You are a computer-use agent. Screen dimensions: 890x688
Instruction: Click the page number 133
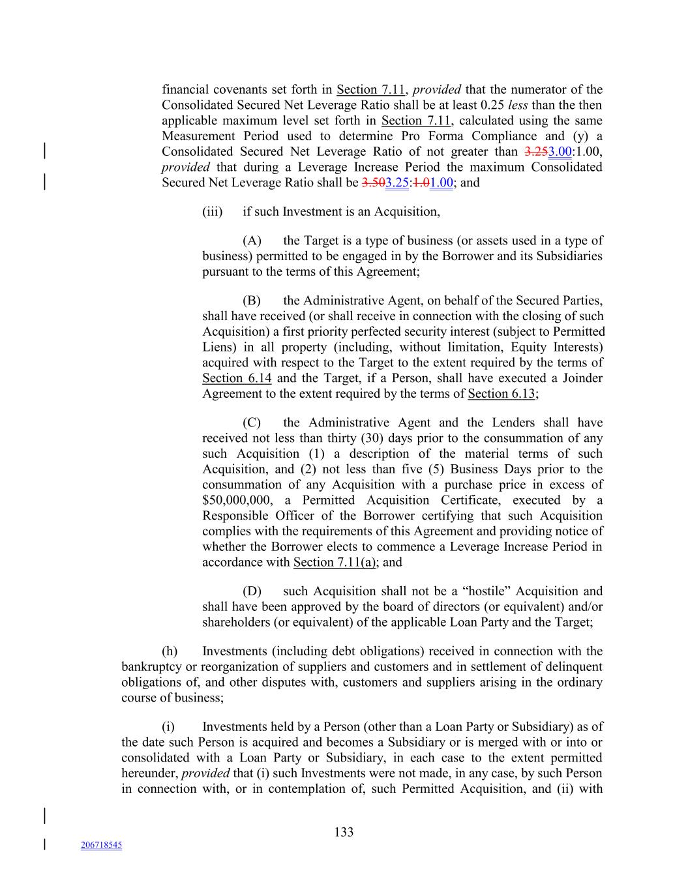pyautogui.click(x=344, y=832)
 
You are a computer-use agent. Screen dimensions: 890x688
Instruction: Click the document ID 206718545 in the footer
pyautogui.click(x=101, y=845)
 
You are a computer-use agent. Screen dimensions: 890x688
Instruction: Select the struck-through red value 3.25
pyautogui.click(x=536, y=152)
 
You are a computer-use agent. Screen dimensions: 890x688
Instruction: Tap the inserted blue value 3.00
pyautogui.click(x=560, y=152)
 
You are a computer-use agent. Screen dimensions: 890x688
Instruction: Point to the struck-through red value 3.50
pyautogui.click(x=373, y=183)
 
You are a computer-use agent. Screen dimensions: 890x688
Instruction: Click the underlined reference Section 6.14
pyautogui.click(x=237, y=378)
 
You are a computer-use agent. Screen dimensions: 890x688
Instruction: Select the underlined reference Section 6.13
pyautogui.click(x=501, y=394)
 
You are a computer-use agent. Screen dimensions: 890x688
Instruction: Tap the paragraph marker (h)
pyautogui.click(x=170, y=651)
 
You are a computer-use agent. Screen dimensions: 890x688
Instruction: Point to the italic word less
pyautogui.click(x=518, y=106)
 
